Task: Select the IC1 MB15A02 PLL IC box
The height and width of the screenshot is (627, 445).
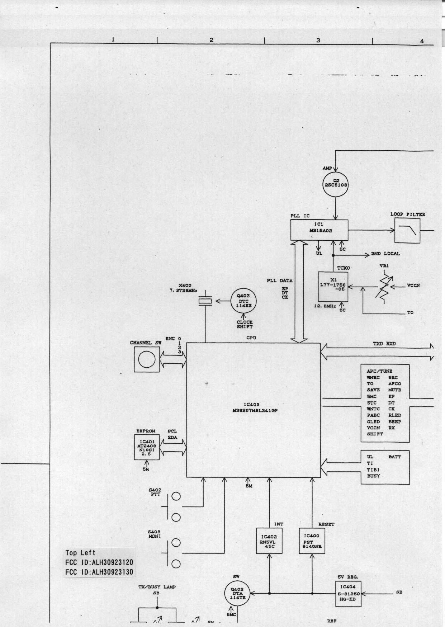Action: point(319,230)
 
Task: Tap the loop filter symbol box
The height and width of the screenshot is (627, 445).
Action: point(407,231)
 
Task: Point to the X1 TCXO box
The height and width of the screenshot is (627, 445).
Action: point(333,287)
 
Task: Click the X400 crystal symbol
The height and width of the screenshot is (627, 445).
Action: point(205,302)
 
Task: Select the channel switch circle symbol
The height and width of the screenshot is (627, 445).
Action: point(147,360)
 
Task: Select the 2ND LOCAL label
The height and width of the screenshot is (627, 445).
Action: point(385,254)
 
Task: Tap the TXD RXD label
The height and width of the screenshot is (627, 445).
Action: point(384,344)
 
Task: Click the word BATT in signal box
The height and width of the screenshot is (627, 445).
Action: point(394,457)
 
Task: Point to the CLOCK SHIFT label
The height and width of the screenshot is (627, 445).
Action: point(245,324)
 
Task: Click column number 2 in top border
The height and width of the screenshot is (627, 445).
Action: point(212,40)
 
